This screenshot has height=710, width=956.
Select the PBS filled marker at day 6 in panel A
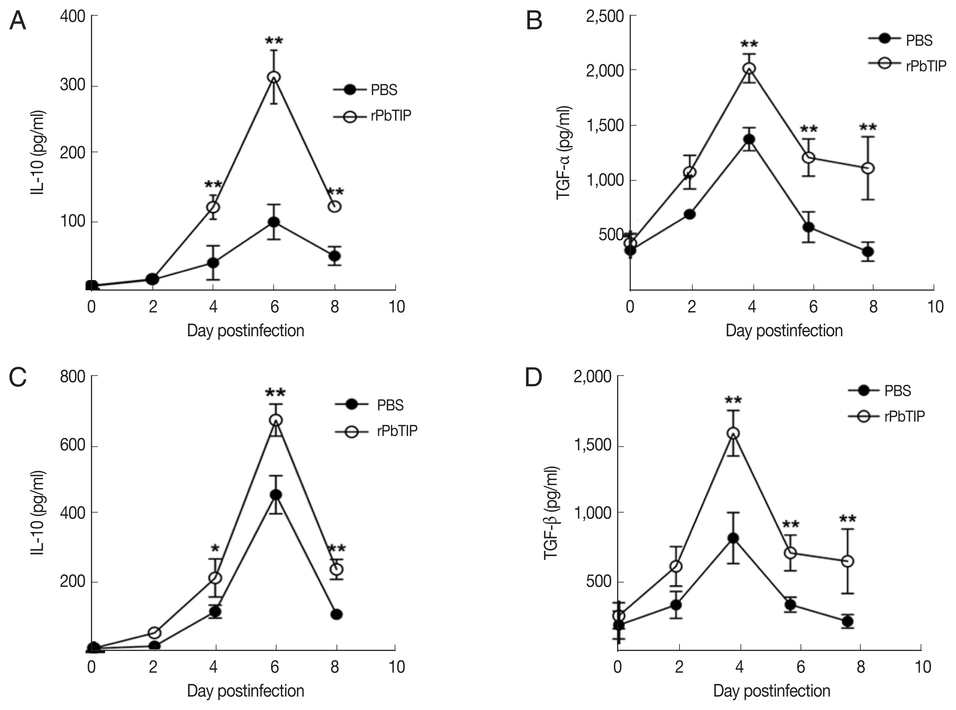pos(274,222)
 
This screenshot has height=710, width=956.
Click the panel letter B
pos(534,21)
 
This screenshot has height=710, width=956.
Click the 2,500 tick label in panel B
pos(604,16)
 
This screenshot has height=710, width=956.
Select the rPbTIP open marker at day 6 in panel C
pos(276,420)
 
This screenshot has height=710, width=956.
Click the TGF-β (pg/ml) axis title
pos(551,512)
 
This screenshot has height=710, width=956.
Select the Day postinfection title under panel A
pos(246,331)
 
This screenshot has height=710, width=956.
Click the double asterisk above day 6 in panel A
pos(274,41)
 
